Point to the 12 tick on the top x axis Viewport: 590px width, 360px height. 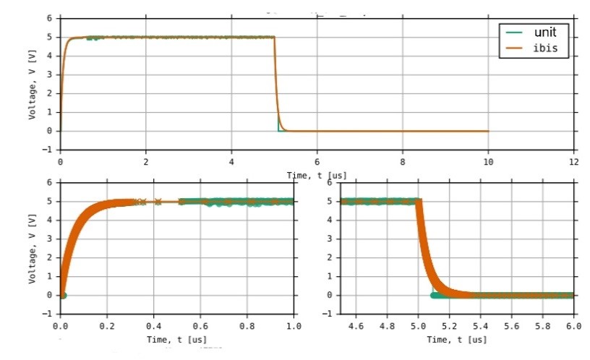tap(574, 163)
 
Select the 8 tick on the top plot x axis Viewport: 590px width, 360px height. tap(403, 163)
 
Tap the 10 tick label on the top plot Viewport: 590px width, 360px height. tap(488, 163)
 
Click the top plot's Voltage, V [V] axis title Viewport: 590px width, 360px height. tap(33, 84)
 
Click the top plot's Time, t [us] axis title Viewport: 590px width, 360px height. tap(317, 175)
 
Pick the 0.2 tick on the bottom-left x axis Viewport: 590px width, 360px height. tap(108, 326)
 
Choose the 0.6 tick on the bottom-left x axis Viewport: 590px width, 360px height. tap(201, 326)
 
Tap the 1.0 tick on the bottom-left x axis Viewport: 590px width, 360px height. tap(294, 326)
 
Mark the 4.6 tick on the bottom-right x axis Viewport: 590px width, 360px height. tap(356, 326)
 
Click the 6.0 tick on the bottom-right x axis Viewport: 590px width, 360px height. tap(573, 326)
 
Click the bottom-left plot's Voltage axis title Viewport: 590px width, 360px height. tap(33, 247)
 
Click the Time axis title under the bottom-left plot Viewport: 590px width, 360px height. tap(178, 339)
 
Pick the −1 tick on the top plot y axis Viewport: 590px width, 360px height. tap(49, 150)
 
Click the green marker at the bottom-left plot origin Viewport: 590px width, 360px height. tap(63, 295)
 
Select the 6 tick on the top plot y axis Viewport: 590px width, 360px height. tap(49, 17)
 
